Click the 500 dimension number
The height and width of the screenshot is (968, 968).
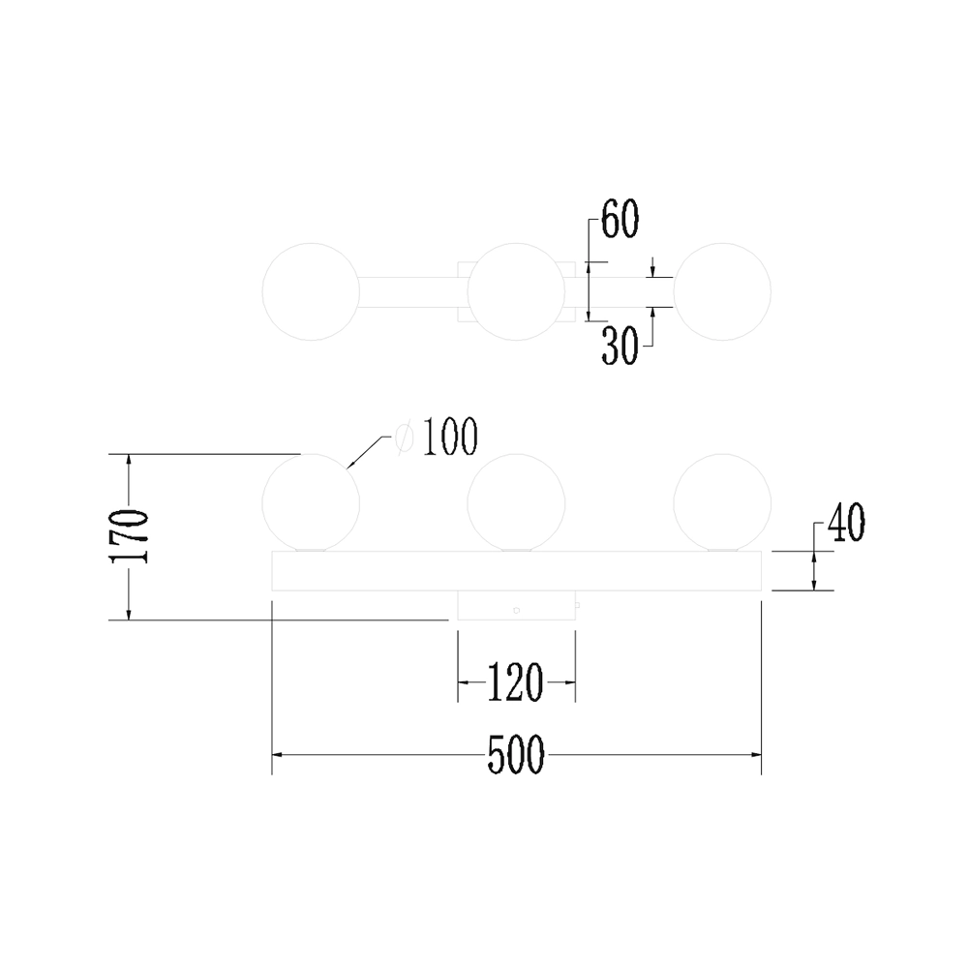click(516, 754)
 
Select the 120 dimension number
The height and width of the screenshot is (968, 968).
click(516, 682)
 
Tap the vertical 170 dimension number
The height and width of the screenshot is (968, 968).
click(129, 536)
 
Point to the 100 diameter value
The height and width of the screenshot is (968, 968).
click(450, 438)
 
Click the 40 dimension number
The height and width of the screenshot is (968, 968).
click(846, 523)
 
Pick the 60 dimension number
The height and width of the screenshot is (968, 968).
click(620, 219)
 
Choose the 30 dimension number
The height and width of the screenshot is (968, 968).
click(620, 346)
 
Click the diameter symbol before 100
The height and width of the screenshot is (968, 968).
click(405, 438)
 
